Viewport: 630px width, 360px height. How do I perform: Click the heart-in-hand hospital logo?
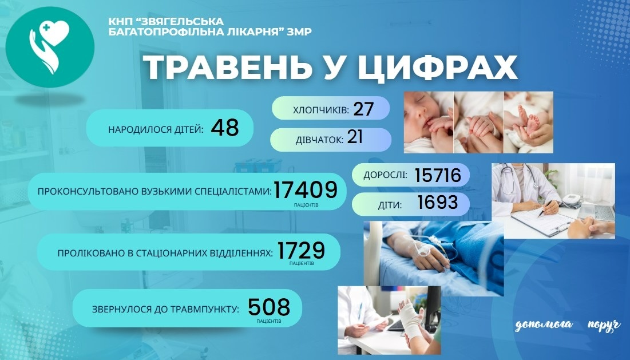pyautogui.click(x=49, y=47)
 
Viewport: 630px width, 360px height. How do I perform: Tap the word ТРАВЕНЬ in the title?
pyautogui.click(x=228, y=68)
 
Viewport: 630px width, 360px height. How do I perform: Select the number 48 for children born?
pyautogui.click(x=225, y=128)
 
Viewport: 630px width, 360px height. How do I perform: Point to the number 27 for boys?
pyautogui.click(x=363, y=109)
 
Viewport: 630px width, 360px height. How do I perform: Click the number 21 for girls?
pyautogui.click(x=355, y=137)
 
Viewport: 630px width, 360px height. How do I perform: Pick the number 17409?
pyautogui.click(x=306, y=189)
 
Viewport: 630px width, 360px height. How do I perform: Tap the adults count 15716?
pyautogui.click(x=438, y=175)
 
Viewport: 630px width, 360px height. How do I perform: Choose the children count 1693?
pyautogui.click(x=438, y=203)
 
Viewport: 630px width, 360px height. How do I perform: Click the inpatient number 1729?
pyautogui.click(x=301, y=251)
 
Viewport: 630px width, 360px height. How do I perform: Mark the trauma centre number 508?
pyautogui.click(x=269, y=307)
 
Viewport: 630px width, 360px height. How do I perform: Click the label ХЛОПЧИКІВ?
pyautogui.click(x=321, y=110)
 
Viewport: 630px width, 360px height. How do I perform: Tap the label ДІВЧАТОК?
pyautogui.click(x=319, y=140)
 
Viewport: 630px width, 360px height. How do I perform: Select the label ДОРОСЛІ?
pyautogui.click(x=385, y=175)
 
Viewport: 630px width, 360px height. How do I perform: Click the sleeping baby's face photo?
pyautogui.click(x=429, y=122)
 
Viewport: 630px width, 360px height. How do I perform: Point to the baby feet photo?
pyautogui.click(x=528, y=122)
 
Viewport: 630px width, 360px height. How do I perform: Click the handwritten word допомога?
pyautogui.click(x=544, y=325)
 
